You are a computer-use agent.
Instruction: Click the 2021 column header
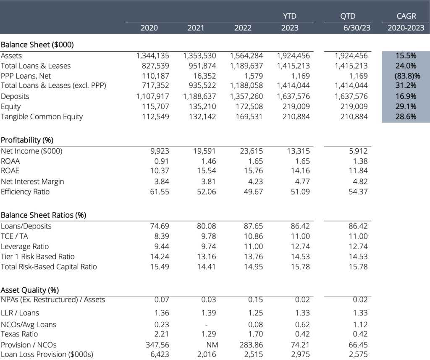tap(196, 28)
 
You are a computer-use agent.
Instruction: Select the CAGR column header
tap(406, 16)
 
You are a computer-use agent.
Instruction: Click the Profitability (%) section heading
tap(27, 140)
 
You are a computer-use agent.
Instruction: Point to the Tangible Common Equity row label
tap(42, 117)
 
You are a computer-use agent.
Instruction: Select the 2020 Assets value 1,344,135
tap(153, 55)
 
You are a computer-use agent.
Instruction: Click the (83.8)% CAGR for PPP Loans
tap(406, 76)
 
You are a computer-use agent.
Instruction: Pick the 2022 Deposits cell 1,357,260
tap(246, 96)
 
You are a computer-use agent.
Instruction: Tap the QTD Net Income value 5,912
tap(358, 151)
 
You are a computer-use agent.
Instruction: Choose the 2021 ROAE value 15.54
tap(207, 171)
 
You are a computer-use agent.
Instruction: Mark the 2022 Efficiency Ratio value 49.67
tap(254, 192)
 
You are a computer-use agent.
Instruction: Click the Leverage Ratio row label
tap(25, 247)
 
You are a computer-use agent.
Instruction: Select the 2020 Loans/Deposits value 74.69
tap(160, 226)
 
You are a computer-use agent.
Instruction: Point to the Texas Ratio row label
tap(19, 334)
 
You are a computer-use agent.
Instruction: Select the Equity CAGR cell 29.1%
tap(406, 107)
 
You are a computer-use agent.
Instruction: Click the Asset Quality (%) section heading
tap(29, 290)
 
